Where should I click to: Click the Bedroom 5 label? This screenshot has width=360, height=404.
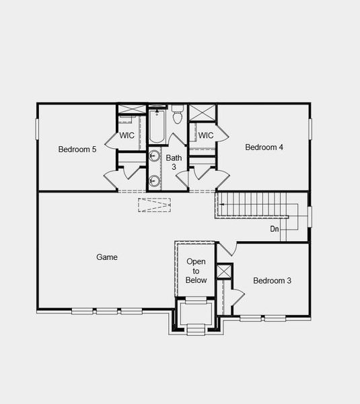click(x=77, y=149)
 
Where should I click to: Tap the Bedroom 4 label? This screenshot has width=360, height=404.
click(x=264, y=147)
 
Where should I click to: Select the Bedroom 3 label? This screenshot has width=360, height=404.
click(x=272, y=280)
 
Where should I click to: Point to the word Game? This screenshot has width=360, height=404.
click(x=107, y=257)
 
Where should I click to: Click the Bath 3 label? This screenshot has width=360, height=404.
click(x=173, y=162)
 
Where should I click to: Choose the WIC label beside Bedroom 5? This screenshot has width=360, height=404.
click(x=127, y=135)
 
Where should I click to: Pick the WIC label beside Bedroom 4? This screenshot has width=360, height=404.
click(x=206, y=135)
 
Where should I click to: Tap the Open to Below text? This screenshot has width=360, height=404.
click(x=196, y=271)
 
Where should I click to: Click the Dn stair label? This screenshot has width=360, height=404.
click(x=275, y=229)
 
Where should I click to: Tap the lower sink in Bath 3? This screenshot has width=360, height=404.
click(x=154, y=180)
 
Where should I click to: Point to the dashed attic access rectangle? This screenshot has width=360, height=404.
click(x=155, y=205)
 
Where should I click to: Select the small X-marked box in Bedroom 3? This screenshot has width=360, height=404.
click(x=225, y=271)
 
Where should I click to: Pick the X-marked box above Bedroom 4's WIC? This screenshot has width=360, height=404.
click(x=201, y=112)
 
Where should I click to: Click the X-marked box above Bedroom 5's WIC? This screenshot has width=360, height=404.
click(x=129, y=110)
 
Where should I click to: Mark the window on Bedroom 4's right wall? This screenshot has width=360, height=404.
click(x=310, y=129)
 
